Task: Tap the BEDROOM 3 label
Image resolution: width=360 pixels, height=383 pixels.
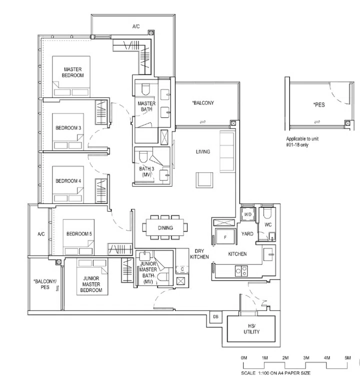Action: tap(68, 128)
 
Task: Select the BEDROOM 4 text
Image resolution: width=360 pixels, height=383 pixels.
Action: tap(68, 180)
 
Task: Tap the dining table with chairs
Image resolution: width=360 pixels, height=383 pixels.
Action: tap(165, 228)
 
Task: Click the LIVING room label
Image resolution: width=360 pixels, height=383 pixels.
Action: tap(202, 151)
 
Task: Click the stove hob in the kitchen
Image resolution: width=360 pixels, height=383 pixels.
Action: tap(241, 272)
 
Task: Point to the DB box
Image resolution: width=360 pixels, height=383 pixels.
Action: tap(216, 317)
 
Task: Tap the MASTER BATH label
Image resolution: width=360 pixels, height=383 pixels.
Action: tap(146, 106)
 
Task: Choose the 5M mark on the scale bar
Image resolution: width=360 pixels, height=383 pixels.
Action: tap(347, 358)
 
